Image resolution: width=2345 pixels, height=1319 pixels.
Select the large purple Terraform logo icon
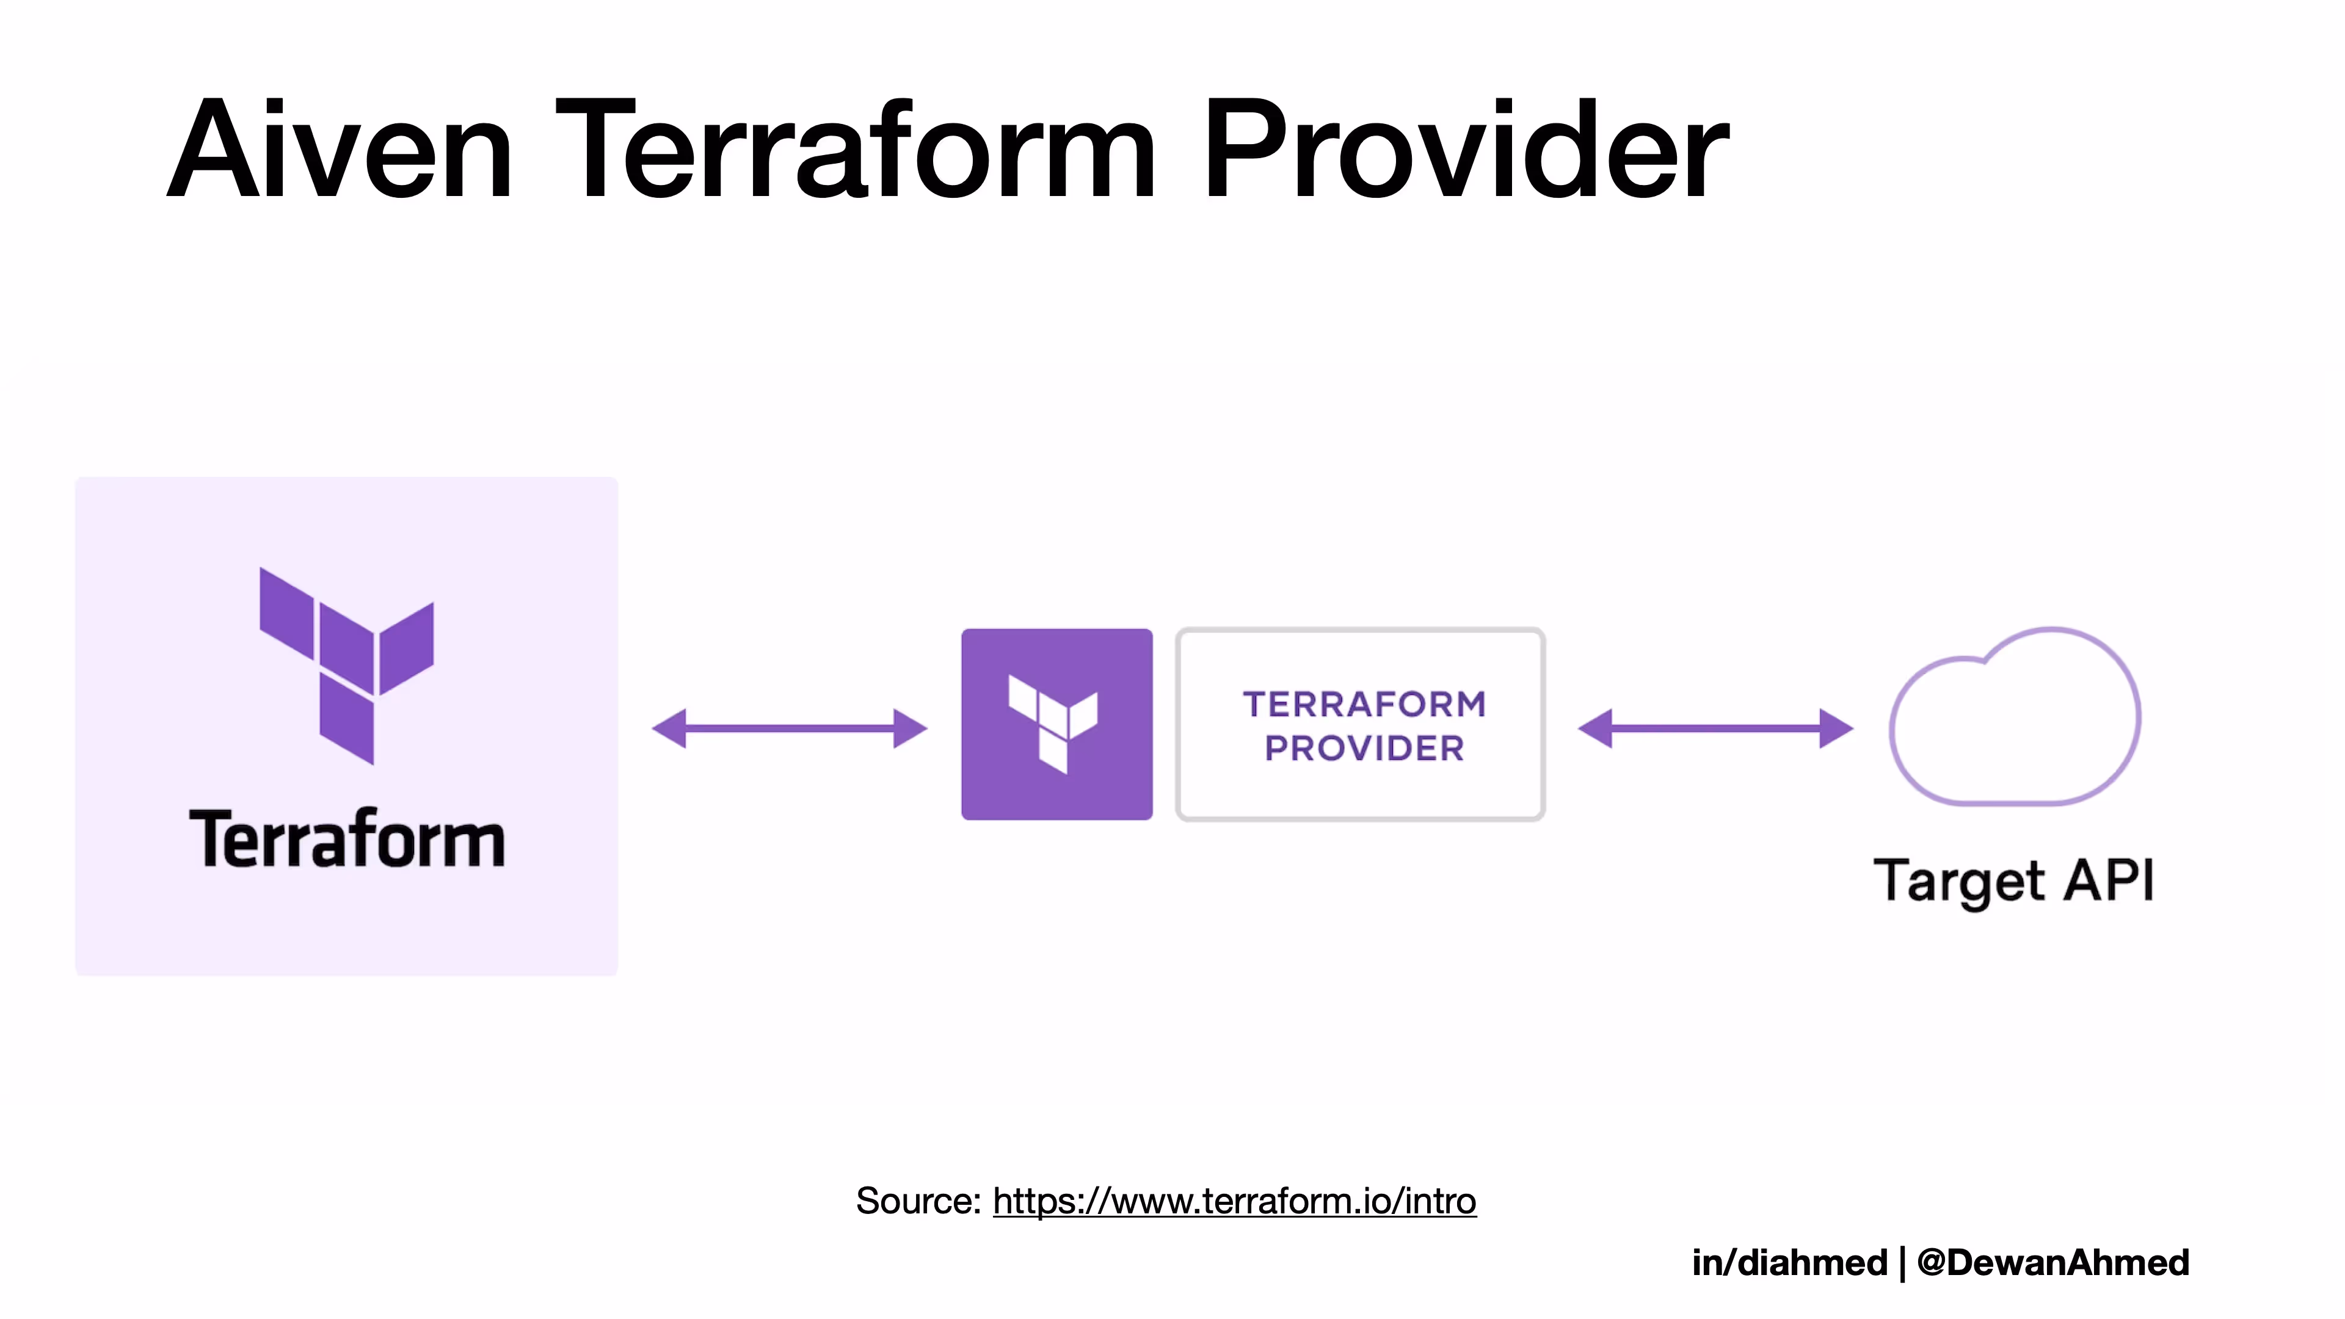tap(347, 664)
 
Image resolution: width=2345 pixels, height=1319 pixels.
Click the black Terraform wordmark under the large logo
tap(347, 839)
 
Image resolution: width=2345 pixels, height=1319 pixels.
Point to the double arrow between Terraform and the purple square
tap(789, 729)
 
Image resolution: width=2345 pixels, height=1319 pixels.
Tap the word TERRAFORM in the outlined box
tap(1364, 703)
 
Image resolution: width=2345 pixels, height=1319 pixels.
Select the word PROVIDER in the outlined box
tap(1364, 748)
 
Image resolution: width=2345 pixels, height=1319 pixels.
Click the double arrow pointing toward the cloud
tap(1715, 729)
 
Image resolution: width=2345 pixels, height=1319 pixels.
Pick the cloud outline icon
tap(2015, 719)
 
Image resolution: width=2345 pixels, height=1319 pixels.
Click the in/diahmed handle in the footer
tap(1789, 1263)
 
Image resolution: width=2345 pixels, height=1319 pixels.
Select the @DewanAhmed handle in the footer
tap(2052, 1263)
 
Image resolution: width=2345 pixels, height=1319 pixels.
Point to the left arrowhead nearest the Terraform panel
tap(671, 729)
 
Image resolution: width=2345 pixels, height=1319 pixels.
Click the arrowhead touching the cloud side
tap(1835, 729)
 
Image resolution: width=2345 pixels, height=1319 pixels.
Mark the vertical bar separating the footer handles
tap(1902, 1263)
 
